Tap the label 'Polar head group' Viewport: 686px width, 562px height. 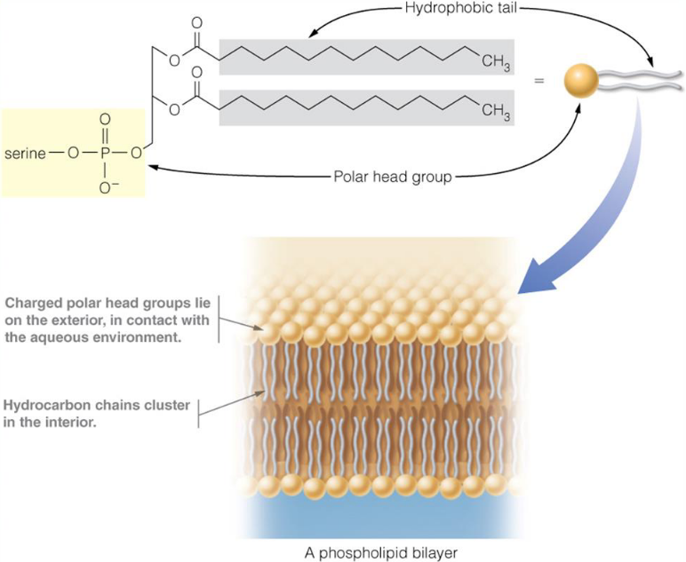pos(392,176)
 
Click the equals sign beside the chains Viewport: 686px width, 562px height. pos(538,83)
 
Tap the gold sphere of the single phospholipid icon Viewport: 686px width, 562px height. pos(580,83)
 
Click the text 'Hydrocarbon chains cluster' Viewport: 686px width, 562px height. pos(96,406)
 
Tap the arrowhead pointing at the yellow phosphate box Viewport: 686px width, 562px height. pos(153,166)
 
